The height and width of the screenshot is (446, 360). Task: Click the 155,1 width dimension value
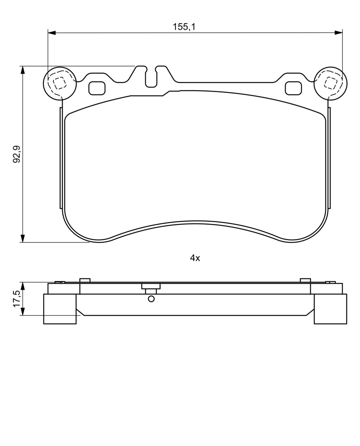(184, 27)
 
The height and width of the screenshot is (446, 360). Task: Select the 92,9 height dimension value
(17, 154)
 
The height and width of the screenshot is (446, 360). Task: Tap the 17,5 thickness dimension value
(17, 299)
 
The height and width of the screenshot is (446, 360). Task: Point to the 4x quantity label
(195, 258)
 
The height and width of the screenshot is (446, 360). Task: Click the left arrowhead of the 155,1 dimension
(52, 33)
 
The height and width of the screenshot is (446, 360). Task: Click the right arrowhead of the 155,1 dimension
(338, 33)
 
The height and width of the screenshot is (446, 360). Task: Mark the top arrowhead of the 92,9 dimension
(22, 70)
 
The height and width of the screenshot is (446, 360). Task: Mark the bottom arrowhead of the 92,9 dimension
(22, 239)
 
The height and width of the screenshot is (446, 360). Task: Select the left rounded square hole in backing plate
(97, 88)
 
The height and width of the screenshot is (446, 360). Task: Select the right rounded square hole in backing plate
(293, 88)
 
